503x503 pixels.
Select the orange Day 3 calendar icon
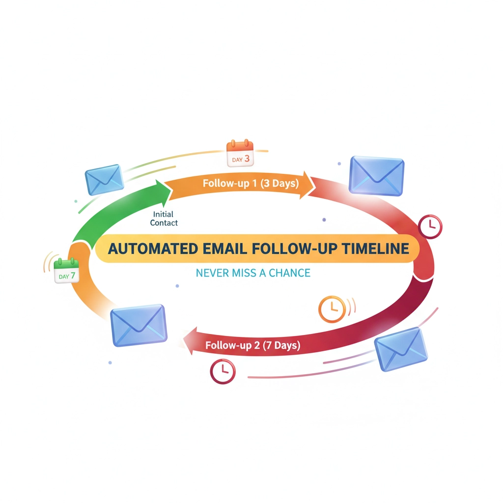pyautogui.click(x=239, y=153)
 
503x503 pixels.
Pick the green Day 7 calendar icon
pyautogui.click(x=67, y=271)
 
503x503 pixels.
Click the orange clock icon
pyautogui.click(x=333, y=309)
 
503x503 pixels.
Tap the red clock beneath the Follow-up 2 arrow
pyautogui.click(x=222, y=370)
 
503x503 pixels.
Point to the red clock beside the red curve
pyautogui.click(x=430, y=226)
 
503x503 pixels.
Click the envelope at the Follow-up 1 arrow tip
pyautogui.click(x=377, y=176)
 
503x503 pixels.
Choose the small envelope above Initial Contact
pyautogui.click(x=105, y=179)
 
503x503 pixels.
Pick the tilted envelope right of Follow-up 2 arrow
pyautogui.click(x=401, y=350)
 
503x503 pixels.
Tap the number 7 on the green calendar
pyautogui.click(x=73, y=276)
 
